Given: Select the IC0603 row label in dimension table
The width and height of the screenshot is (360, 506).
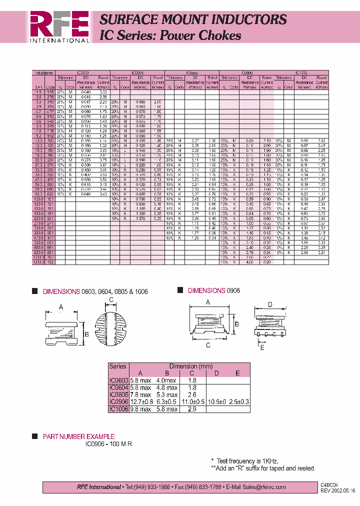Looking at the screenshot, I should [118, 380].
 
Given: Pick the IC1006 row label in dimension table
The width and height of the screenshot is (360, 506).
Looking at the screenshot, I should [118, 408].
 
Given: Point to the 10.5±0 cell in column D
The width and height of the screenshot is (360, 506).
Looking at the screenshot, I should [216, 401].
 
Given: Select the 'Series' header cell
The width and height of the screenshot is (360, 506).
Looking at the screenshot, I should [118, 366].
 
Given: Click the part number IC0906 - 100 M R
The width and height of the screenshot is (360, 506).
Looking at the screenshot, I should [108, 443].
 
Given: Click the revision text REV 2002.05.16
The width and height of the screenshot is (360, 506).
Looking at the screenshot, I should [338, 490].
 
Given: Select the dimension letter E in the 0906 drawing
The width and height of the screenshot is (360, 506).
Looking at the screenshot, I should [261, 347].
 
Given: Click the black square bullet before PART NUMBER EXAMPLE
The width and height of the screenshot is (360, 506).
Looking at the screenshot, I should [34, 436].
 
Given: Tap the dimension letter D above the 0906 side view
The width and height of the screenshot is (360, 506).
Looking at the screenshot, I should [270, 304].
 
